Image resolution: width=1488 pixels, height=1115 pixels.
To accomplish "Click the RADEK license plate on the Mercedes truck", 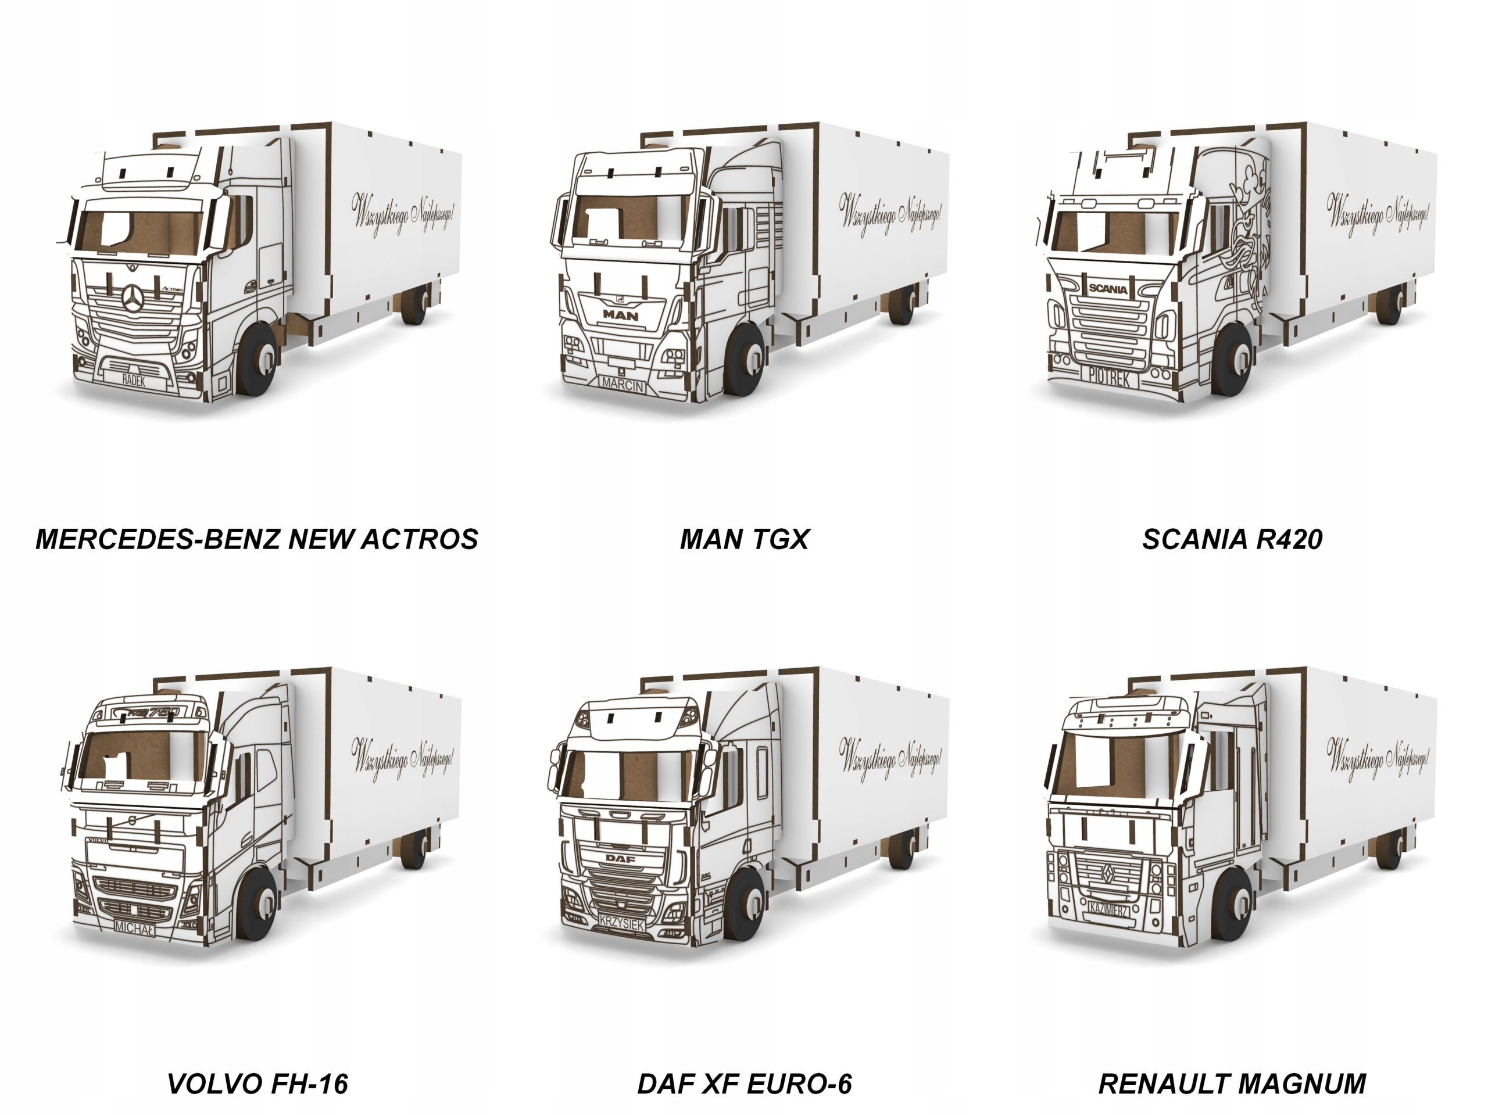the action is coord(134,380).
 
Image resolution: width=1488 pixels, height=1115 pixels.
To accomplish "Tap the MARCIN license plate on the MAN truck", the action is coord(623,385).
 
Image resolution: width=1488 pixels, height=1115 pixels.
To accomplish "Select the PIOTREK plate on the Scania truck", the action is coord(1109,378).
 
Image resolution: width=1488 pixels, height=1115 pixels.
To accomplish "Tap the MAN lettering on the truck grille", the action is coord(620,314).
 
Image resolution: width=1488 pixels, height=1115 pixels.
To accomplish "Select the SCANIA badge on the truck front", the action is coord(1108,289).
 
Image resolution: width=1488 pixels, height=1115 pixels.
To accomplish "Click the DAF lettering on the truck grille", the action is coord(620,859).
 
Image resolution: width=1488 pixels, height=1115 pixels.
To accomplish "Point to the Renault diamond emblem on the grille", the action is coord(1108,872).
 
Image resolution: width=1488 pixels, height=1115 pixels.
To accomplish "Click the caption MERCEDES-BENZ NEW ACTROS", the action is coord(256,539).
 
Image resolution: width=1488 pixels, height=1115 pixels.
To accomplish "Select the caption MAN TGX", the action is coord(744,539).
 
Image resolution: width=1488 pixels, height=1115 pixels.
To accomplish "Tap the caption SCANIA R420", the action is coord(1232,539).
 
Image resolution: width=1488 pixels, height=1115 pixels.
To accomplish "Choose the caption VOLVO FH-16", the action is coord(257,1084).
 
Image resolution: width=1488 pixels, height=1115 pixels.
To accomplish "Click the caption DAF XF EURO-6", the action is coord(744,1084).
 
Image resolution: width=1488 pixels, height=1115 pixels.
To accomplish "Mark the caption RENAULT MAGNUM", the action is coord(1232,1084).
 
